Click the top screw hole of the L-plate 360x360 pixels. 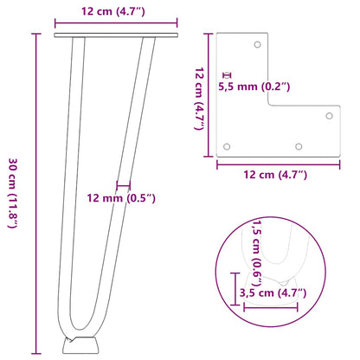tap(258, 44)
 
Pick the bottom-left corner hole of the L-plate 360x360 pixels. tap(228, 146)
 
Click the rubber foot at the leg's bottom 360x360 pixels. tap(79, 344)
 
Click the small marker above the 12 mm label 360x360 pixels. tap(123, 184)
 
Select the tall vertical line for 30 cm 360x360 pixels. tap(35, 192)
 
